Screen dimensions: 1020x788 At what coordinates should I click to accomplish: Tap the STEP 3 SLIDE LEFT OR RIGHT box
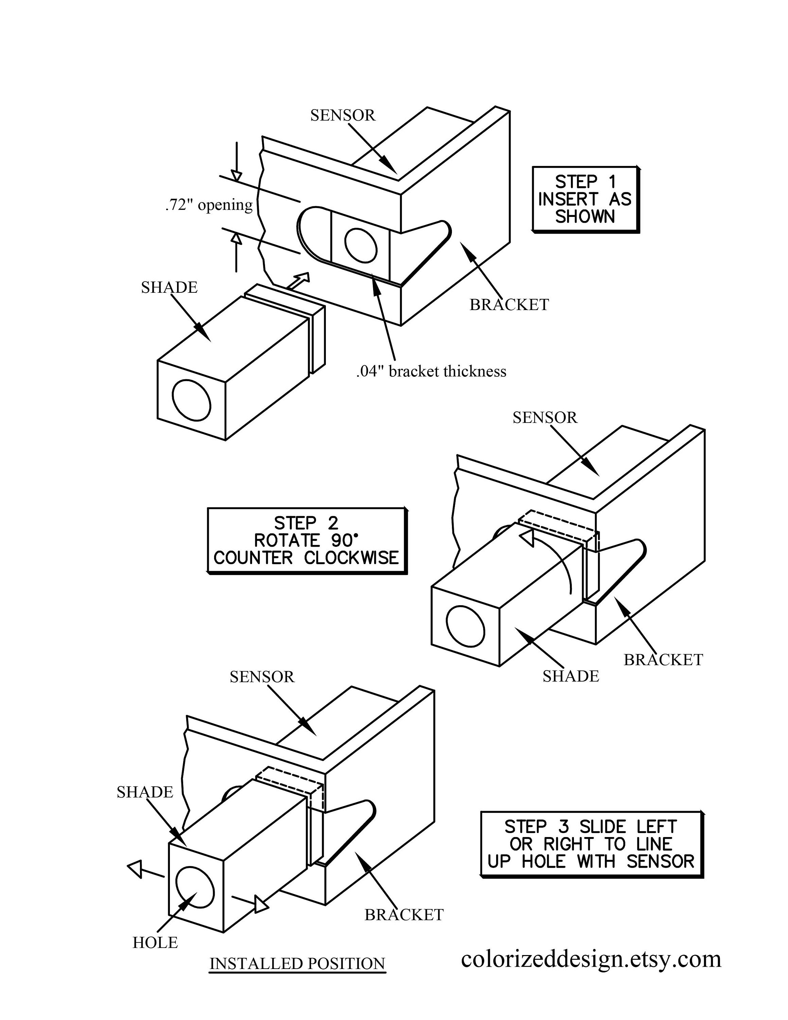click(x=591, y=845)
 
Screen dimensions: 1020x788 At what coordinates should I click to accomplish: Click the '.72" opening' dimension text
click(x=209, y=205)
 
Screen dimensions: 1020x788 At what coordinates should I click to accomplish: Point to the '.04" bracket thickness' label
click(x=431, y=371)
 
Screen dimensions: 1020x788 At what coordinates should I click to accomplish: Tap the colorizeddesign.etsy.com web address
click(x=591, y=959)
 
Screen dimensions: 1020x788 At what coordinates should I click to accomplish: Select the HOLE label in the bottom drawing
click(x=155, y=942)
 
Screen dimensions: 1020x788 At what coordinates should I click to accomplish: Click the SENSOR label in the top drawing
click(x=343, y=115)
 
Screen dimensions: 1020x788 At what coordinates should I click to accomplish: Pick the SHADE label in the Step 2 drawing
click(x=571, y=676)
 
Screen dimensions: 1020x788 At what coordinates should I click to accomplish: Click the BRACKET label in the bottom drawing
click(x=404, y=915)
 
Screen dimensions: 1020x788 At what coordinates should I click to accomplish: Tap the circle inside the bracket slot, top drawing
click(x=361, y=245)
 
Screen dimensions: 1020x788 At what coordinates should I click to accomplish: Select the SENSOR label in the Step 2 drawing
click(x=545, y=418)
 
